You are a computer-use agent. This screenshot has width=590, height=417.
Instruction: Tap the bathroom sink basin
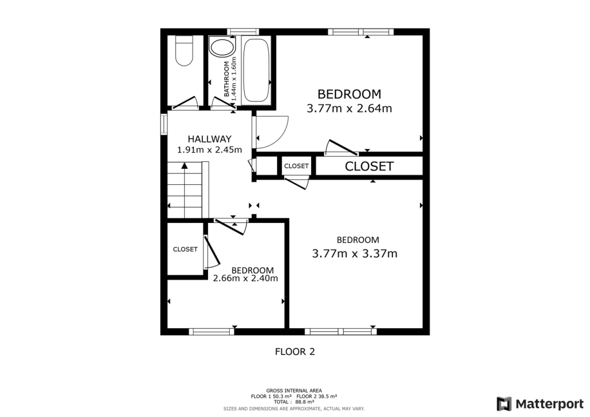point(222,47)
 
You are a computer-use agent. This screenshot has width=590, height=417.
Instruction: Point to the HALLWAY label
point(209,139)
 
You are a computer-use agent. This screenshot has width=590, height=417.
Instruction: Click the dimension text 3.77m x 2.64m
point(349,108)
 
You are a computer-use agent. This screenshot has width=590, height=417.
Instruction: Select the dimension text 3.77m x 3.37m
point(354,253)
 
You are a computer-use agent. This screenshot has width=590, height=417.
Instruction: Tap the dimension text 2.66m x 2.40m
point(245,278)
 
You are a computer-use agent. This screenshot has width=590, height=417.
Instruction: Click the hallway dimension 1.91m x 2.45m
point(209,150)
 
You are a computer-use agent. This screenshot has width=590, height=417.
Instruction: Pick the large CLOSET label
point(369,166)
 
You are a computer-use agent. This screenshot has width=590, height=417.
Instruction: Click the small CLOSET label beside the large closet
point(297,166)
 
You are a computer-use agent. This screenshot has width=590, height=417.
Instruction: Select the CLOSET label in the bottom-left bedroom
point(186,249)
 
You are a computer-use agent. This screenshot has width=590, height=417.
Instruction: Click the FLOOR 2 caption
point(294,351)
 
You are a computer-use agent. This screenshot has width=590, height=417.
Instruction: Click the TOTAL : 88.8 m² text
point(294,402)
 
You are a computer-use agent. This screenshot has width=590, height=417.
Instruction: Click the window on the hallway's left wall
point(164,124)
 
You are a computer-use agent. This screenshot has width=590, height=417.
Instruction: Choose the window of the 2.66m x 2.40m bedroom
point(211,331)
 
